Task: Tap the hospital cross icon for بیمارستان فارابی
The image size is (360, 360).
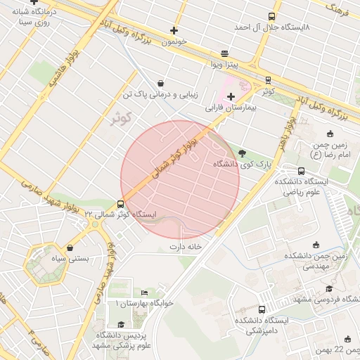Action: point(231,96)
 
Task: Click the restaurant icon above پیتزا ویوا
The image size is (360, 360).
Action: point(224,53)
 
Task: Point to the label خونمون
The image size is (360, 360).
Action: point(175,42)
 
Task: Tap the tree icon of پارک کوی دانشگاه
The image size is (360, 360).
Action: point(242,152)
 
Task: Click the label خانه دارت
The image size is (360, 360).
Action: point(186,247)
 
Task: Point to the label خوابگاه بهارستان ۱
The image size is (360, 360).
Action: point(144,303)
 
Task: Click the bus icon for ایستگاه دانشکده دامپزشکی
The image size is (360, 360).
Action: point(262,309)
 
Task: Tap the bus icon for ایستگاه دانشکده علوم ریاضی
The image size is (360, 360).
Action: point(302,171)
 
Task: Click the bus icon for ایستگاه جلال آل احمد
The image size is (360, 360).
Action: point(272,16)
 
